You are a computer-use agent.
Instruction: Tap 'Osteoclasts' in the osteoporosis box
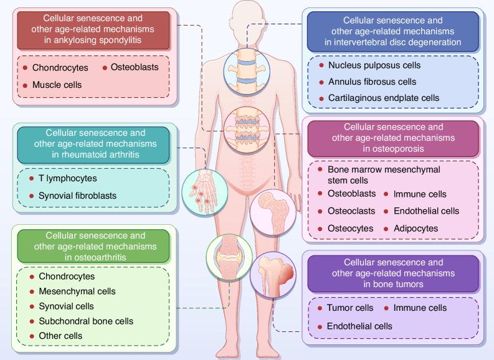[350, 211]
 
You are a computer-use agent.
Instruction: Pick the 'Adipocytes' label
[416, 228]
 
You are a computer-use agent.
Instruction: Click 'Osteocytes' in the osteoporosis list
[350, 228]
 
